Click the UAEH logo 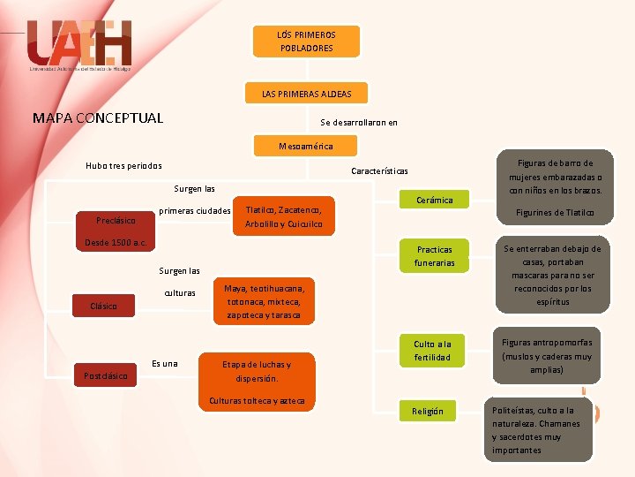[79, 44]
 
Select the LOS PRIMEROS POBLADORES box [306, 42]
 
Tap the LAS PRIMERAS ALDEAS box [306, 94]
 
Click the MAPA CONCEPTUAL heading [98, 118]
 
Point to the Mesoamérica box [305, 145]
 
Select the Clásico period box [104, 306]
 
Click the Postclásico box [105, 375]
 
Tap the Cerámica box [435, 201]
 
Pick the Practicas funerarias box [434, 256]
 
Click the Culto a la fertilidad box [432, 351]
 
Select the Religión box [428, 412]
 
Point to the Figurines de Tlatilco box [555, 213]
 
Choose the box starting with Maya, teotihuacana [264, 302]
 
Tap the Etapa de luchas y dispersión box [257, 371]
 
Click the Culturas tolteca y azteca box [257, 401]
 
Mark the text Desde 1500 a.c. [115, 242]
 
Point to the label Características [379, 171]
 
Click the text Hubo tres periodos [123, 165]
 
